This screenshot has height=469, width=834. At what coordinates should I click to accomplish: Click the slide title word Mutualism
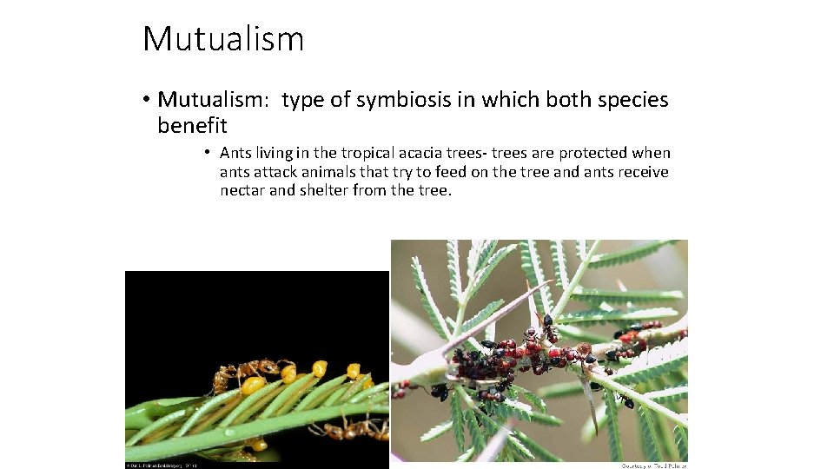click(223, 39)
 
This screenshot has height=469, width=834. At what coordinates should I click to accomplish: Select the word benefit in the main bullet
click(192, 126)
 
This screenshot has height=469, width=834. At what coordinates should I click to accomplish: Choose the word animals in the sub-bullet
click(340, 172)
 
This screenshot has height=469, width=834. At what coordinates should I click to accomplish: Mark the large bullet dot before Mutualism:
click(146, 101)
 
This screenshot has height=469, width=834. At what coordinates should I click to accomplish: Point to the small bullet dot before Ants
click(208, 153)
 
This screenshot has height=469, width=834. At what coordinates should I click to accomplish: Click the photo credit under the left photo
click(165, 466)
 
